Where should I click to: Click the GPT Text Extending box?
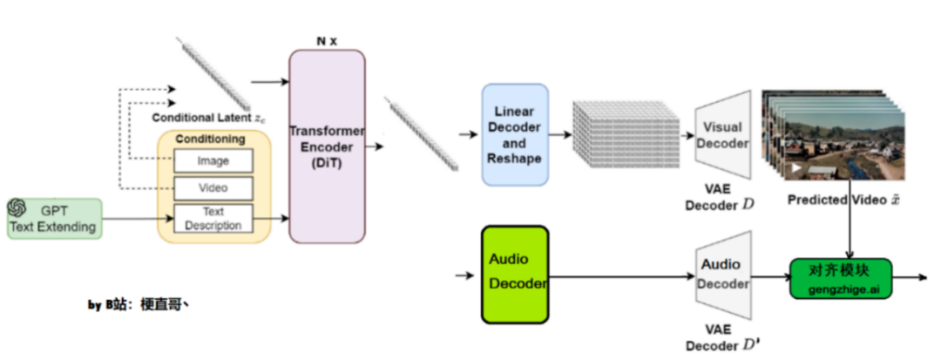(53, 219)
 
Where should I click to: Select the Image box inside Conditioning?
(213, 160)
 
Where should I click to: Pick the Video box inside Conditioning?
(213, 188)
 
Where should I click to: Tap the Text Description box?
(213, 218)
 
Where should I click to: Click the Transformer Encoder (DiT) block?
(327, 146)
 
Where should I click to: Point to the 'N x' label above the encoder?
(326, 40)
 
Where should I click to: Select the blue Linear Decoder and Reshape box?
(515, 134)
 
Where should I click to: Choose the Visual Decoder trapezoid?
(723, 134)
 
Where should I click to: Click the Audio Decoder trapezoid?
(723, 275)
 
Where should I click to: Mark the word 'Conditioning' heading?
(210, 139)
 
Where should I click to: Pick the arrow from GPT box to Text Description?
(130, 219)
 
